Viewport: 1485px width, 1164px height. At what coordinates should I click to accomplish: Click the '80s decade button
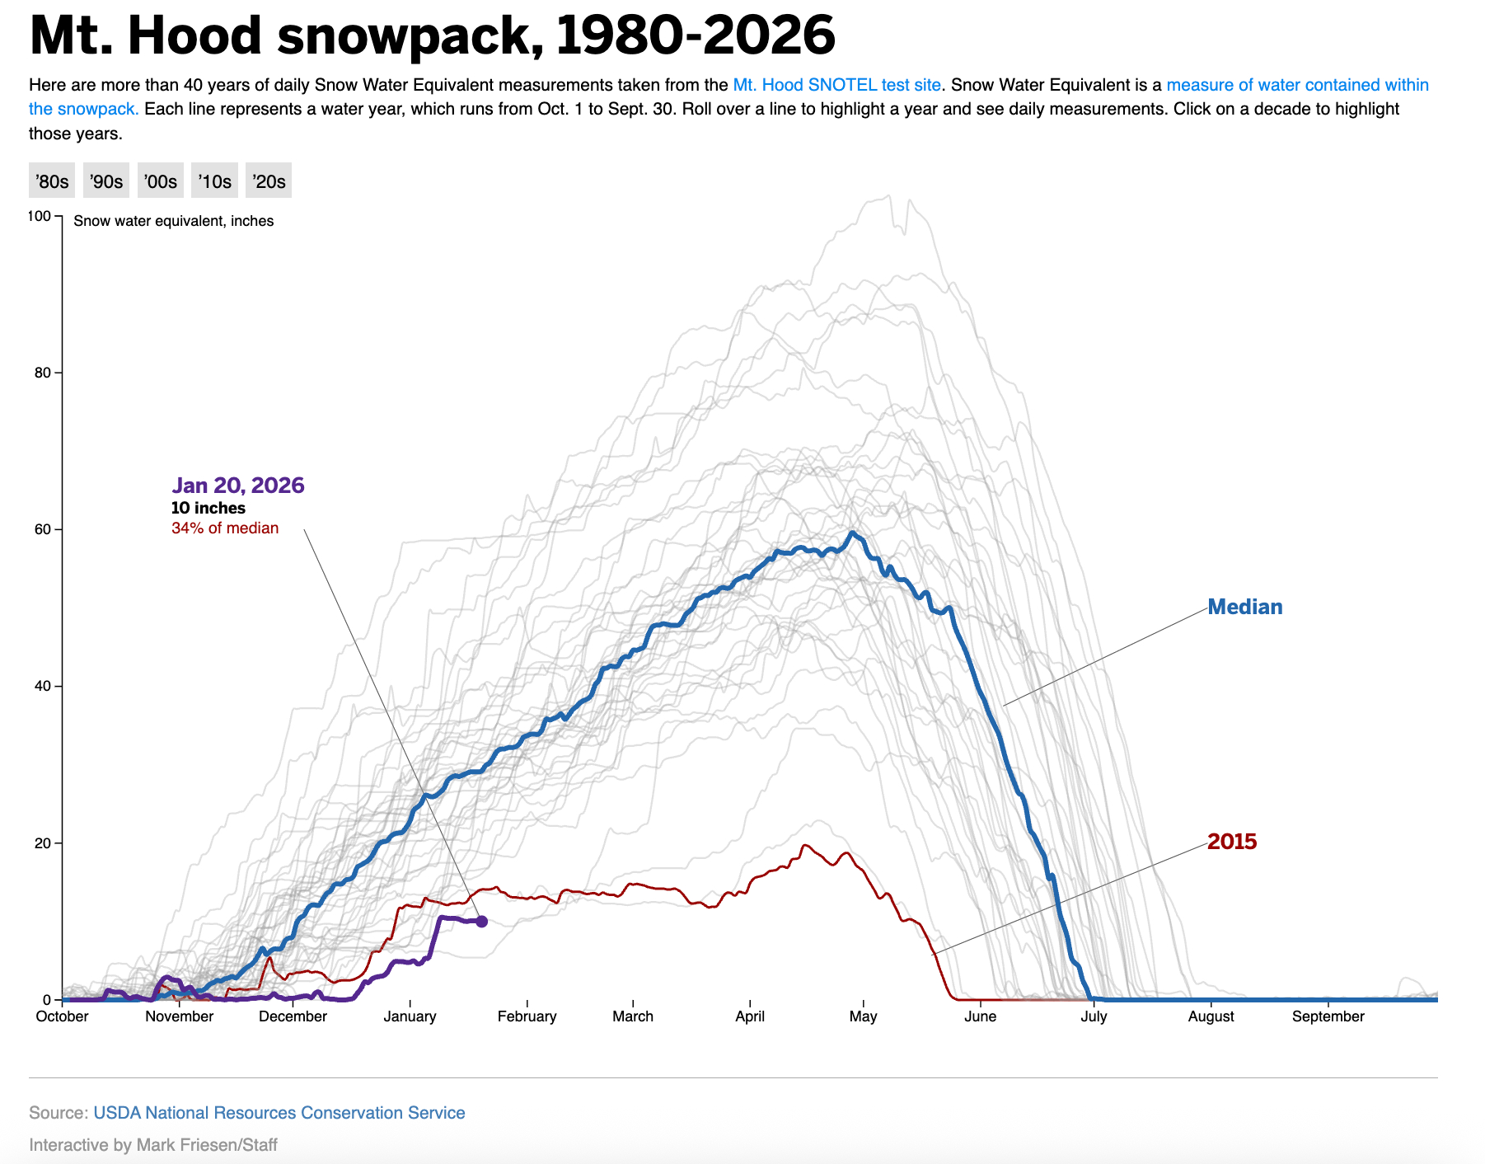[52, 181]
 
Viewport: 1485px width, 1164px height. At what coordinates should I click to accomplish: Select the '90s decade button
[106, 181]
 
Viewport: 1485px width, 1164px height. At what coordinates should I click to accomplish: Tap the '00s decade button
[160, 181]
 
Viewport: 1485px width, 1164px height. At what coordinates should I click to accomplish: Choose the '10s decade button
[214, 181]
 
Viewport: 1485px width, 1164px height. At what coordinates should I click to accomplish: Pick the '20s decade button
[269, 181]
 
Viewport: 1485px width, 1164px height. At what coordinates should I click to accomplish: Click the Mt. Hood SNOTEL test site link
[836, 85]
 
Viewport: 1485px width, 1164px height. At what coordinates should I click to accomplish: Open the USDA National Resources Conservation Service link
[279, 1113]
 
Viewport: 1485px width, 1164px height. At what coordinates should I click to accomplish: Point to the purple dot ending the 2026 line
[482, 922]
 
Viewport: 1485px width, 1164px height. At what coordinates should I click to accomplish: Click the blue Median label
[1244, 608]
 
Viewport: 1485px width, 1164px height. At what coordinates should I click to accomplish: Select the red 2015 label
[1232, 842]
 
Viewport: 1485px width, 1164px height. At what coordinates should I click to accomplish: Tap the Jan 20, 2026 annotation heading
[238, 486]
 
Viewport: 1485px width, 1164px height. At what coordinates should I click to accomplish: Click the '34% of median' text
[225, 528]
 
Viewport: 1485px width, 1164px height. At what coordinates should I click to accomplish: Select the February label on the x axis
[527, 1016]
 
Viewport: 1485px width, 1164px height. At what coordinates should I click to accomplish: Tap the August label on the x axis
[1211, 1016]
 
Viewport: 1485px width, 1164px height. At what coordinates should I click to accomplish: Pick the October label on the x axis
[62, 1016]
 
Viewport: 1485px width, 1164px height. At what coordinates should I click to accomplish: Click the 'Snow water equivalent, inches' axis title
[174, 221]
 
